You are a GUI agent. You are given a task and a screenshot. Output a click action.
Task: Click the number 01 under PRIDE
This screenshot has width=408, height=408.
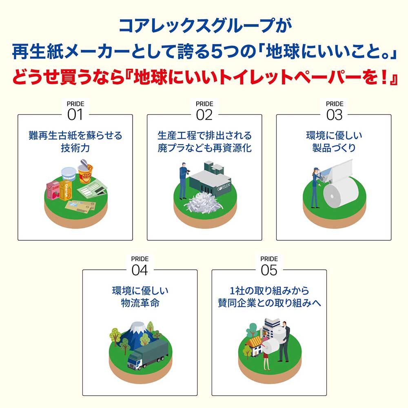point(75,115)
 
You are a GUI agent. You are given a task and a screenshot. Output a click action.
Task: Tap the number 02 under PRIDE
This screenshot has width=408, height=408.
point(204,115)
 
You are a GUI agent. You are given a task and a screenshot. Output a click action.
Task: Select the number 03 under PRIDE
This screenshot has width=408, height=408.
point(334,115)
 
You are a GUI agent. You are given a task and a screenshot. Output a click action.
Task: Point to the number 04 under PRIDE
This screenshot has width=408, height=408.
point(140,270)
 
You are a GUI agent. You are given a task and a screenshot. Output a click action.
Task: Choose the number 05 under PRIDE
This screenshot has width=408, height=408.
point(269,270)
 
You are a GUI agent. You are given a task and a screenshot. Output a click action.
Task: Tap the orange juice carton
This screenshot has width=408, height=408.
point(66,190)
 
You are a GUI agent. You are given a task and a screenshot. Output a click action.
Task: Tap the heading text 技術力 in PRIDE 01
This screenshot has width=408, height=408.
point(75,148)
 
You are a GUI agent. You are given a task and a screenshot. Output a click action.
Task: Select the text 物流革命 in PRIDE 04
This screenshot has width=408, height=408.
point(140,303)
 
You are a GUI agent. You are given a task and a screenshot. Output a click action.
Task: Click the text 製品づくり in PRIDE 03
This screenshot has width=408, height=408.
point(334,148)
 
